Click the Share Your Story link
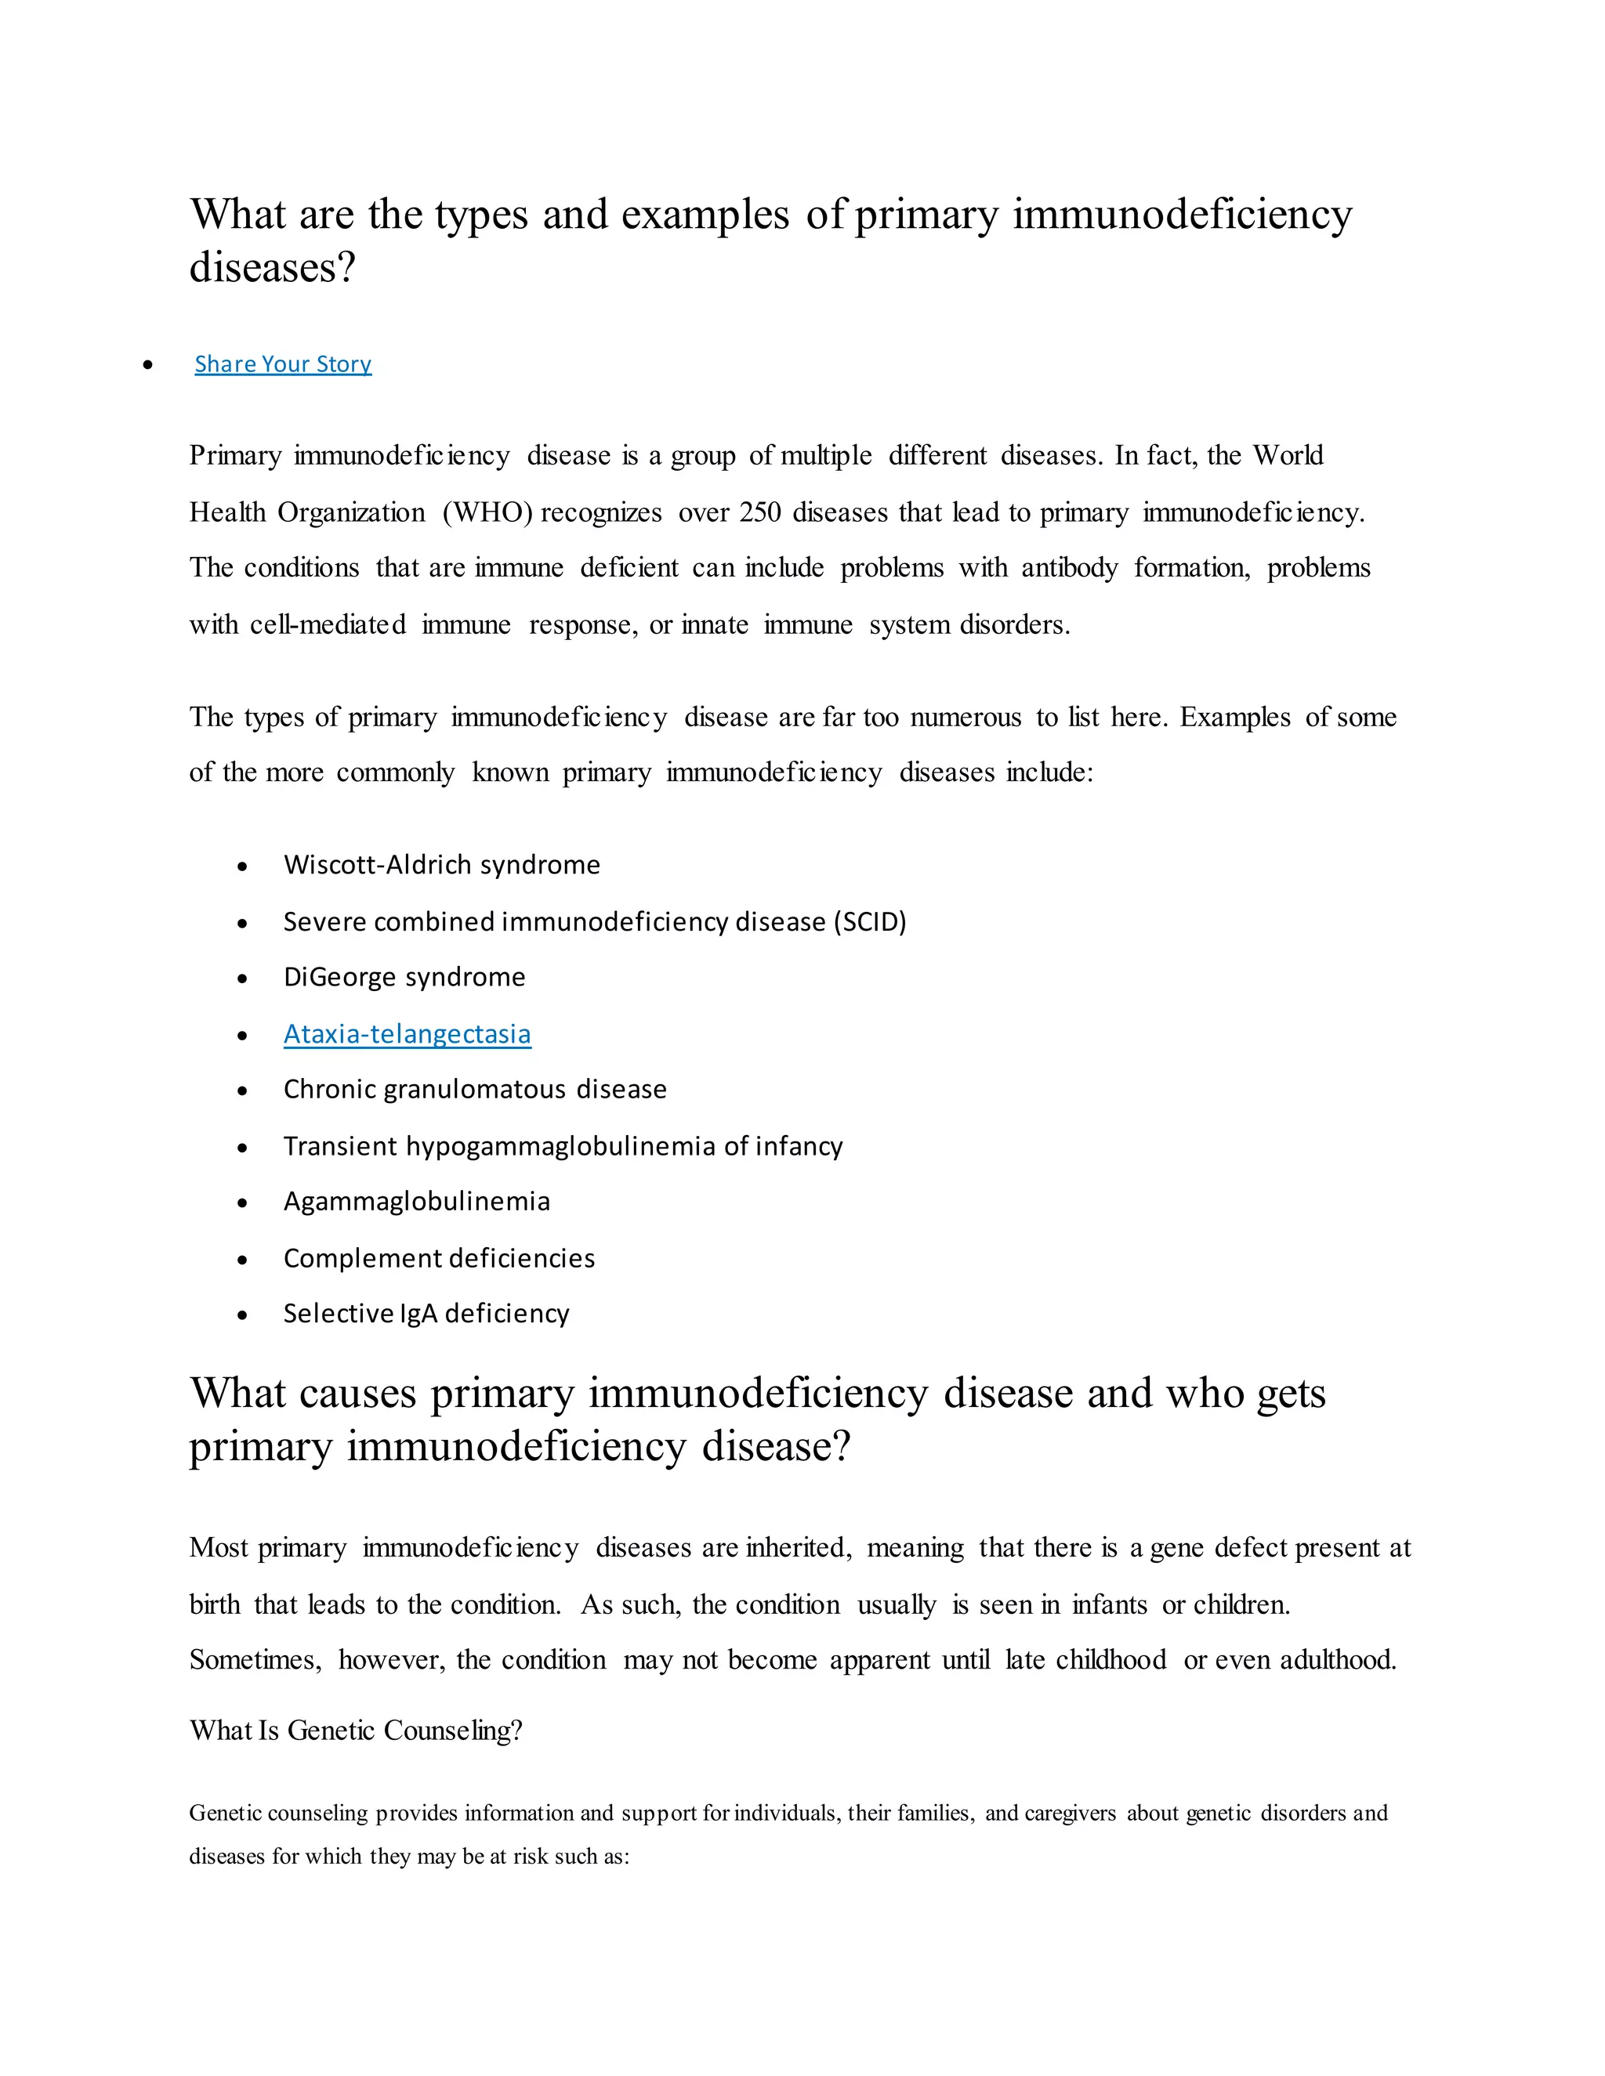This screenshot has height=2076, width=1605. coord(282,364)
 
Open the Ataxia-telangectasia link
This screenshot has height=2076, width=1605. coord(407,1033)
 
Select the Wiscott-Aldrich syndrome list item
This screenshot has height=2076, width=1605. coord(441,865)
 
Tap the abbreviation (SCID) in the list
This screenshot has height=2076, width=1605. coord(869,922)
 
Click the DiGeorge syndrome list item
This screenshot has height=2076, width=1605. coord(404,977)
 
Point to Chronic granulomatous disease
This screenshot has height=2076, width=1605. coord(474,1090)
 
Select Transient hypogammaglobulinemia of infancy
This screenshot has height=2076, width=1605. coord(563,1146)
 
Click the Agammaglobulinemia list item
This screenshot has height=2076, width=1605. coord(416,1202)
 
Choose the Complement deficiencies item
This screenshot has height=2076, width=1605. coord(438,1259)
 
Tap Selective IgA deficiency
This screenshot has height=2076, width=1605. coord(426,1314)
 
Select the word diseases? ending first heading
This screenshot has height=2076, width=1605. coord(272,267)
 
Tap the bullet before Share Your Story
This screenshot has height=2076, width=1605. coord(147,365)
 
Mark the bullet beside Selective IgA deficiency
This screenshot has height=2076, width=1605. coord(242,1315)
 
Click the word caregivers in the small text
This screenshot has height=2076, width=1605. coord(1070,1813)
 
